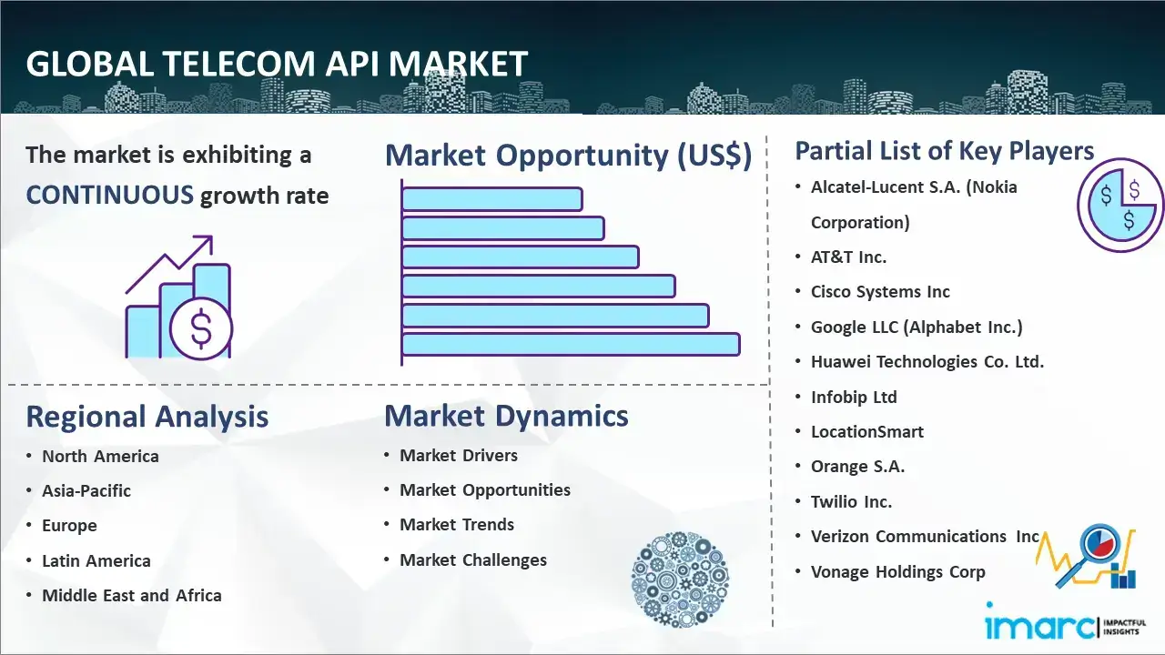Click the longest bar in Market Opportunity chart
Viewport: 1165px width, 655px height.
571,345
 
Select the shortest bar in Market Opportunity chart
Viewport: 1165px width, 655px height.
492,199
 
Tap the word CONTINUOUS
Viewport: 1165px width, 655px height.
110,196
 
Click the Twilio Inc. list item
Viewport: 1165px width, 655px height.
851,501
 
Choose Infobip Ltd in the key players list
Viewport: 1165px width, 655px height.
854,398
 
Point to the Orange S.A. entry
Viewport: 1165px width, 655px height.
857,467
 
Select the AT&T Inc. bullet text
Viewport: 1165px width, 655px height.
848,257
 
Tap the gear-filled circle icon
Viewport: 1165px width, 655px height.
680,579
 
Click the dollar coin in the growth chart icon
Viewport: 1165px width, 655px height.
201,329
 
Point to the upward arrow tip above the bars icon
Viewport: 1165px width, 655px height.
212,237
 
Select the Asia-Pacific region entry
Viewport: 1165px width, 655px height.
86,490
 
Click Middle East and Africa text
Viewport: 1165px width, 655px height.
132,595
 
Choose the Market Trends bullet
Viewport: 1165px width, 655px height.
457,525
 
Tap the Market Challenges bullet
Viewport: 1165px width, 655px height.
473,559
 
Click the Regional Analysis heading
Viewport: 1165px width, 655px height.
147,417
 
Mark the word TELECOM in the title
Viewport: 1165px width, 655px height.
238,64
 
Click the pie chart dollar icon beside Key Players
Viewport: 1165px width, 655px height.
1120,206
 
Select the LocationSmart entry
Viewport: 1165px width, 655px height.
867,432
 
